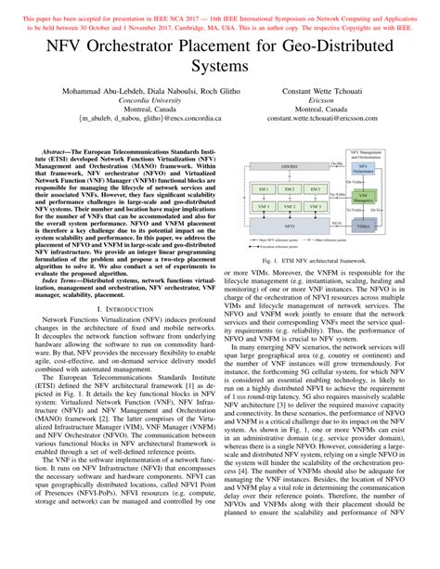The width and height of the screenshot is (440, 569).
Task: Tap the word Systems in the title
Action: coord(220,66)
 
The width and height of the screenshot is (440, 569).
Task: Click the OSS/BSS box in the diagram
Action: coord(290,167)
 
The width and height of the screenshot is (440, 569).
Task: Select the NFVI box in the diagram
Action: coord(289,226)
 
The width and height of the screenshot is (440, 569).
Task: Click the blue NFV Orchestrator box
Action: coord(362,170)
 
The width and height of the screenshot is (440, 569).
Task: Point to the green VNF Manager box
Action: coord(362,197)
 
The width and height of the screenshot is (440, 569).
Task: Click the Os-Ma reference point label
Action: coord(335,163)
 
